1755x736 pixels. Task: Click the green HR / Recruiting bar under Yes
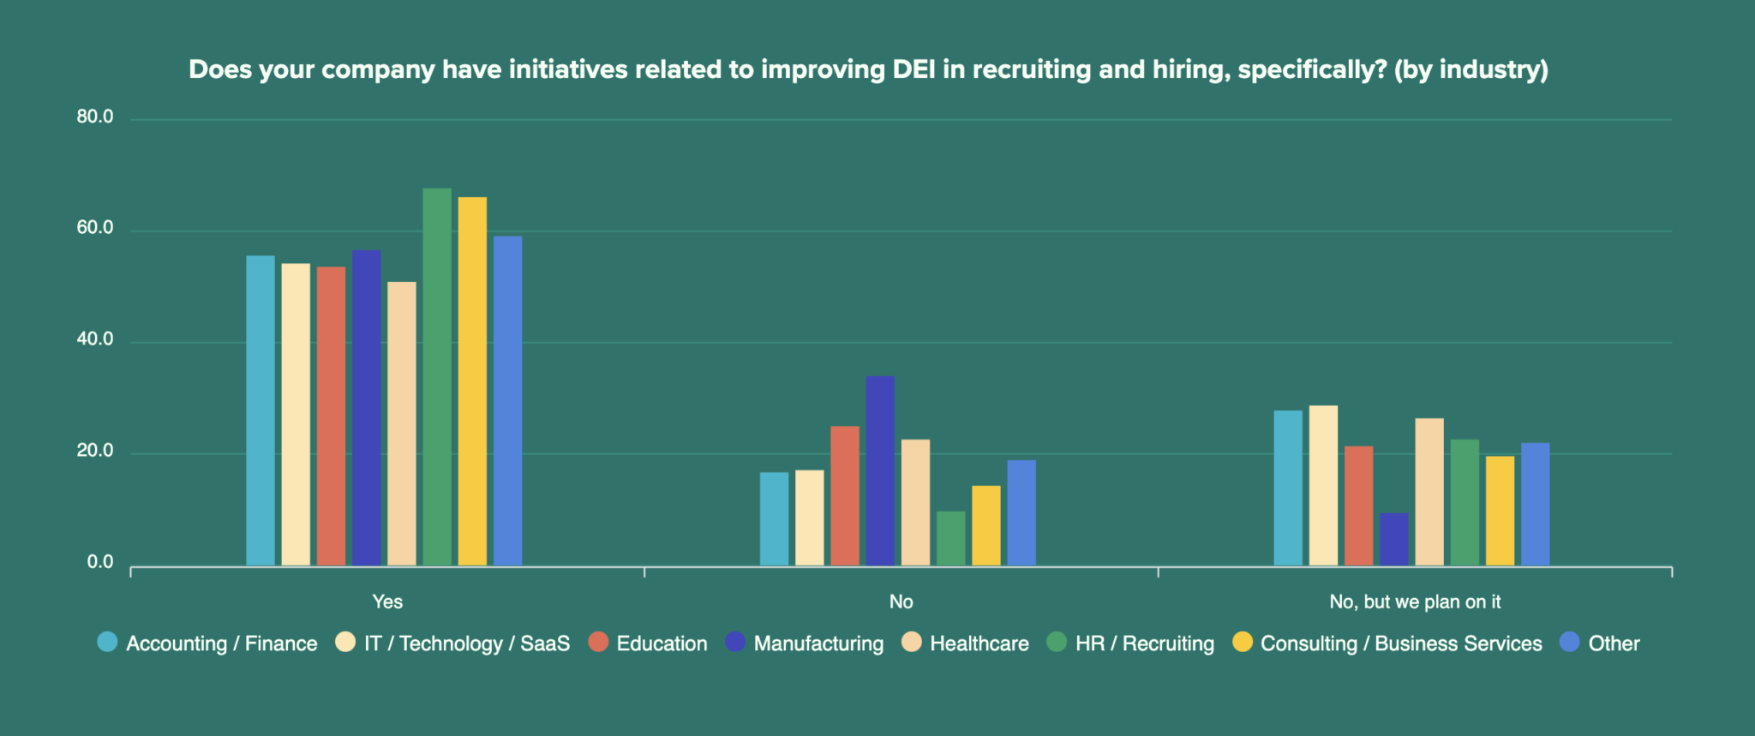click(436, 377)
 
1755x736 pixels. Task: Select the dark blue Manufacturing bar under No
click(879, 471)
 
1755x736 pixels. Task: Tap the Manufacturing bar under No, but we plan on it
click(1393, 540)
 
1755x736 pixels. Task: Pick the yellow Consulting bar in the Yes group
click(472, 381)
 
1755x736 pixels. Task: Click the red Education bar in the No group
click(844, 496)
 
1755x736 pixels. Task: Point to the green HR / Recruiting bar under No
click(950, 539)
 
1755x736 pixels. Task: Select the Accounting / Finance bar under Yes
click(261, 411)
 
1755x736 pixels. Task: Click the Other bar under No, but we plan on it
click(1535, 505)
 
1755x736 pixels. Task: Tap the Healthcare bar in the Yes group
click(401, 424)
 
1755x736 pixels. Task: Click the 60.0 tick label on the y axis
click(95, 228)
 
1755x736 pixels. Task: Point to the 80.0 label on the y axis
click(95, 117)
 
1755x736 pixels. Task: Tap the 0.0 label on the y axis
click(100, 563)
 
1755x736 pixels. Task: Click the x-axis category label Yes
click(387, 602)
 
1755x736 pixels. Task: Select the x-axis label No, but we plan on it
click(1415, 602)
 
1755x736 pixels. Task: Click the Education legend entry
click(661, 643)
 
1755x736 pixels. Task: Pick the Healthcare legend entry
click(979, 643)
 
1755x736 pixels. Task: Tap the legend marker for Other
click(1569, 643)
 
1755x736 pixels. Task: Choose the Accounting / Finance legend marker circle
click(107, 643)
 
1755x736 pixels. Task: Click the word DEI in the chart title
click(913, 69)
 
